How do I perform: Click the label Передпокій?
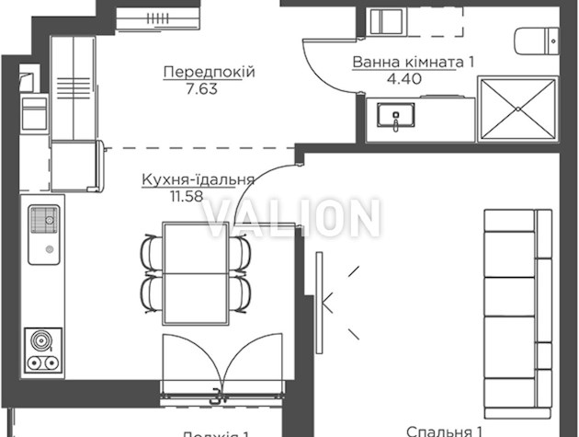pos(208,72)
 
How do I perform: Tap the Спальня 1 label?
pos(445,430)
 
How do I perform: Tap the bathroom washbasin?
pos(397,118)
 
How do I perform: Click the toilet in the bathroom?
pos(535,40)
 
